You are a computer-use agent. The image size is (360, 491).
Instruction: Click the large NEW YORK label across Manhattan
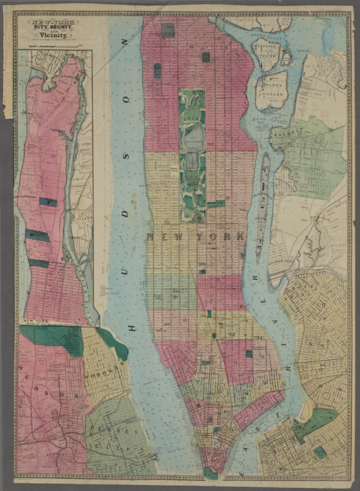pyautogui.click(x=195, y=237)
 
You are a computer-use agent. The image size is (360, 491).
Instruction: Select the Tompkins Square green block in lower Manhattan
pyautogui.click(x=249, y=354)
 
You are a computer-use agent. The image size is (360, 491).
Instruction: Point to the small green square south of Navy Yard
pyautogui.click(x=320, y=452)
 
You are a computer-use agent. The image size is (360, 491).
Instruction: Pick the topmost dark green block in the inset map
pyautogui.click(x=48, y=202)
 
